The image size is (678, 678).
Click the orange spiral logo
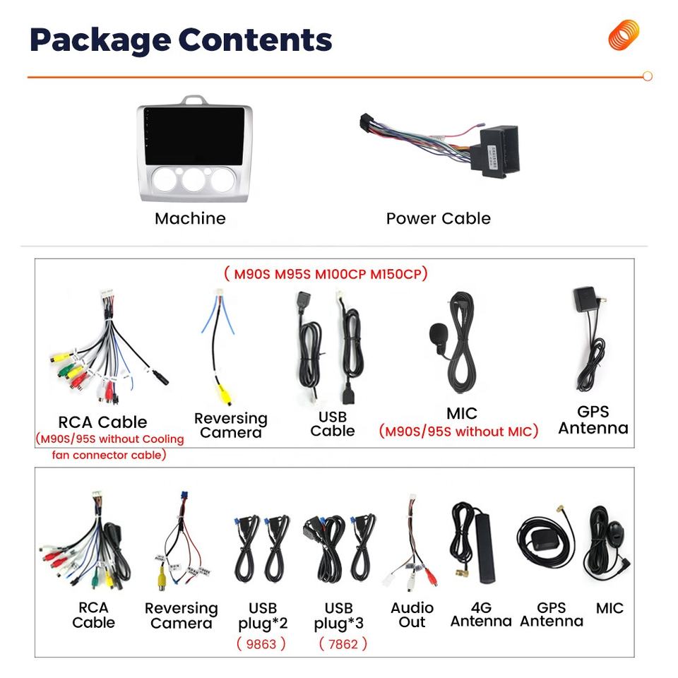[624, 35]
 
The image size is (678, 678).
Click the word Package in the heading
[96, 40]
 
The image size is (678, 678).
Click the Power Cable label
[438, 218]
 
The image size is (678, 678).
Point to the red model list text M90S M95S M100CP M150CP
[326, 273]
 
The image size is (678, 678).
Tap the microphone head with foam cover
[437, 335]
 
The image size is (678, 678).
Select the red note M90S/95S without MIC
[458, 431]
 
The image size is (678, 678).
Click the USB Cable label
[332, 424]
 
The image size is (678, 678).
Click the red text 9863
[261, 643]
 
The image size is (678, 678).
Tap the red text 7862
[343, 643]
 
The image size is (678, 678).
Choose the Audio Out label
[412, 614]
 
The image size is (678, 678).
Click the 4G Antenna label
[481, 614]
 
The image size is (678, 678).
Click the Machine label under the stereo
[191, 218]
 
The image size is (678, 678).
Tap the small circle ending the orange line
[648, 76]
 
